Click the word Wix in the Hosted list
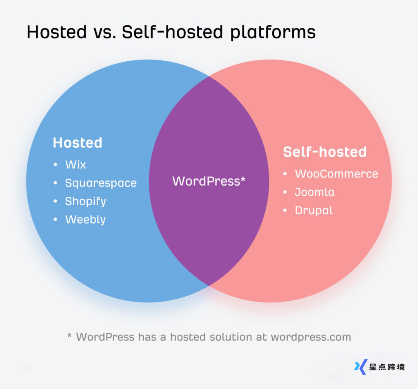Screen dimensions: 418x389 click(76, 164)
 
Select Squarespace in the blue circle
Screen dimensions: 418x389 click(101, 183)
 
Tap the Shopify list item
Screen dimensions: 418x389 click(86, 202)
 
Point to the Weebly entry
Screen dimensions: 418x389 click(86, 220)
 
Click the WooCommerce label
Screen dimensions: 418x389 click(336, 174)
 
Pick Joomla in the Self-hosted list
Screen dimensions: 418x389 click(315, 192)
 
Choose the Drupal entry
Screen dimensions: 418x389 click(314, 211)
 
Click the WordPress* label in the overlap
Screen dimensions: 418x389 click(209, 181)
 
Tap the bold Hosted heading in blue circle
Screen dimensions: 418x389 click(78, 142)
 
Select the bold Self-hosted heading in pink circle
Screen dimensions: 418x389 click(325, 152)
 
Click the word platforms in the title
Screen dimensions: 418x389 click(273, 32)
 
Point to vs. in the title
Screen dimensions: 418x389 click(104, 32)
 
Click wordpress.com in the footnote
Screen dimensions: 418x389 click(311, 337)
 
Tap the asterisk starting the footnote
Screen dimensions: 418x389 click(69, 335)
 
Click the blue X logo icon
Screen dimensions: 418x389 click(361, 367)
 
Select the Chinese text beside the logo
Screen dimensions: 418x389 click(387, 367)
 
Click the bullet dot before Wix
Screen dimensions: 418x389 click(55, 164)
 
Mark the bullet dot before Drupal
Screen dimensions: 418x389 click(285, 210)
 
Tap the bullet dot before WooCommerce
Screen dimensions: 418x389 click(285, 174)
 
